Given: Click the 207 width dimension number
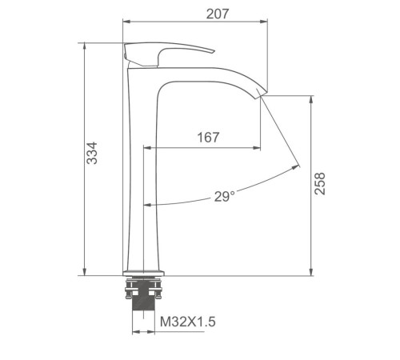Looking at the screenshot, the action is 218,14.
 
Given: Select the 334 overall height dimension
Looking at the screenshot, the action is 92,153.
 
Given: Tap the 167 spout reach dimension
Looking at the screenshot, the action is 208,138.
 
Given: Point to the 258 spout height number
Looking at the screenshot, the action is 320,183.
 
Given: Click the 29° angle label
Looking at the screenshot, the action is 225,197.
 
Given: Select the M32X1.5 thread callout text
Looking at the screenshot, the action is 188,322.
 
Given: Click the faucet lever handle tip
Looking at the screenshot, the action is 213,51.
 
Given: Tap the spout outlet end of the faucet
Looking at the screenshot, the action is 259,94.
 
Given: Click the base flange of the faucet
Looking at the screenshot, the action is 143,273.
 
